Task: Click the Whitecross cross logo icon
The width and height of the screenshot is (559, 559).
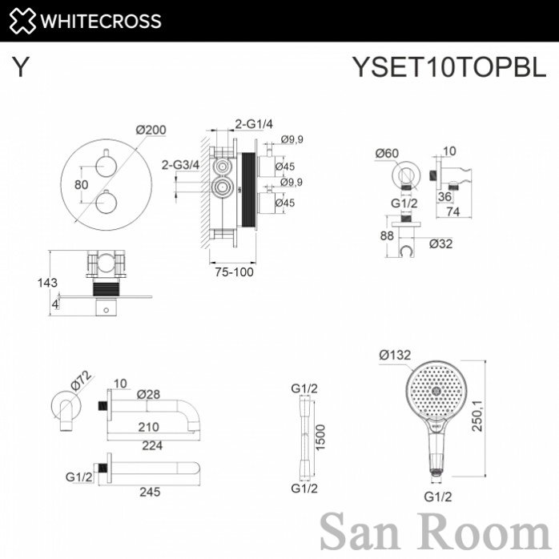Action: point(22,21)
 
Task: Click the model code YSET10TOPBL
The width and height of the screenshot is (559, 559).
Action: point(448,66)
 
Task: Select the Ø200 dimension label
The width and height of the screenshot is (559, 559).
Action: point(151,130)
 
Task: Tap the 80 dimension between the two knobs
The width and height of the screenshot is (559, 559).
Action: point(81,185)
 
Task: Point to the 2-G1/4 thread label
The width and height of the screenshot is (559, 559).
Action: point(254,124)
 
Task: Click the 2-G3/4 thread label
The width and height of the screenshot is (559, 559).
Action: point(180,165)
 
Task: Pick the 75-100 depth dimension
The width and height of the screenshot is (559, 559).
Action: point(234,272)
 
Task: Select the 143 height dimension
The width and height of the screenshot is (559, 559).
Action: point(47,283)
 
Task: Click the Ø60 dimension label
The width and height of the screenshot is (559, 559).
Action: point(387,153)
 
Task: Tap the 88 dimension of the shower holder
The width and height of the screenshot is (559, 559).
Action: point(387,235)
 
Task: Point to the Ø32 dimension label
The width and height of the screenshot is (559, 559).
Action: point(441,243)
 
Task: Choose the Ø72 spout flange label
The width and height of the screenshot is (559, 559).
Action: point(81,381)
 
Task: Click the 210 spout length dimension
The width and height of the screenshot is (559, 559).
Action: point(149,427)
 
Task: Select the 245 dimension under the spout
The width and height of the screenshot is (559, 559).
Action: point(150,492)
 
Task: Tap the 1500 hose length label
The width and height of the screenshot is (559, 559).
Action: point(320,437)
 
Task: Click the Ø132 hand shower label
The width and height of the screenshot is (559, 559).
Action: point(395,355)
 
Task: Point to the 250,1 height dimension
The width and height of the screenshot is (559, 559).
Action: point(477,416)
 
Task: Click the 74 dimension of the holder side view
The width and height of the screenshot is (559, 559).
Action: point(453,211)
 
